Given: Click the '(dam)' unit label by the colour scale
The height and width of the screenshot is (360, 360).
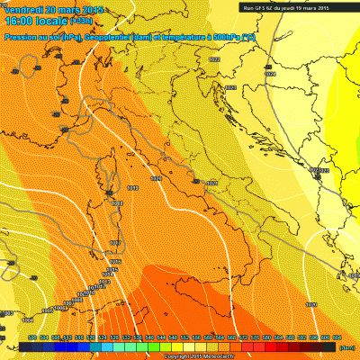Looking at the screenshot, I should (347, 346).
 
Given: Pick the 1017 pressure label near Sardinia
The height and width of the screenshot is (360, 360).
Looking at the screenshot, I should (114, 244).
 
